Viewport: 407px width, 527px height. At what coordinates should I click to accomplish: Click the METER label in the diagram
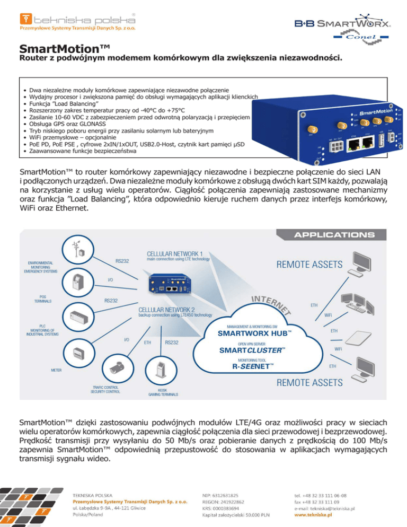tap(59, 370)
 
